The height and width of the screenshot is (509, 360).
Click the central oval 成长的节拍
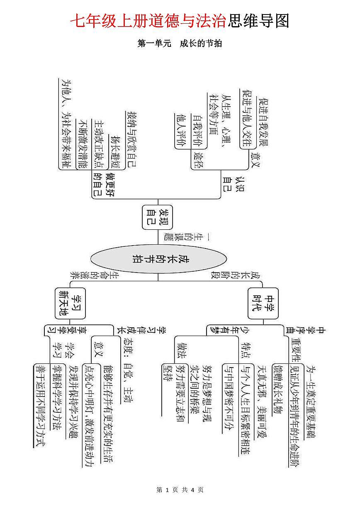159,260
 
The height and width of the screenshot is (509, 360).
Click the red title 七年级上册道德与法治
148,21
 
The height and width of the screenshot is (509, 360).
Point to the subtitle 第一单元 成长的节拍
180,43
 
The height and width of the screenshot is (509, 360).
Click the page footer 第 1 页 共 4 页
180,490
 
